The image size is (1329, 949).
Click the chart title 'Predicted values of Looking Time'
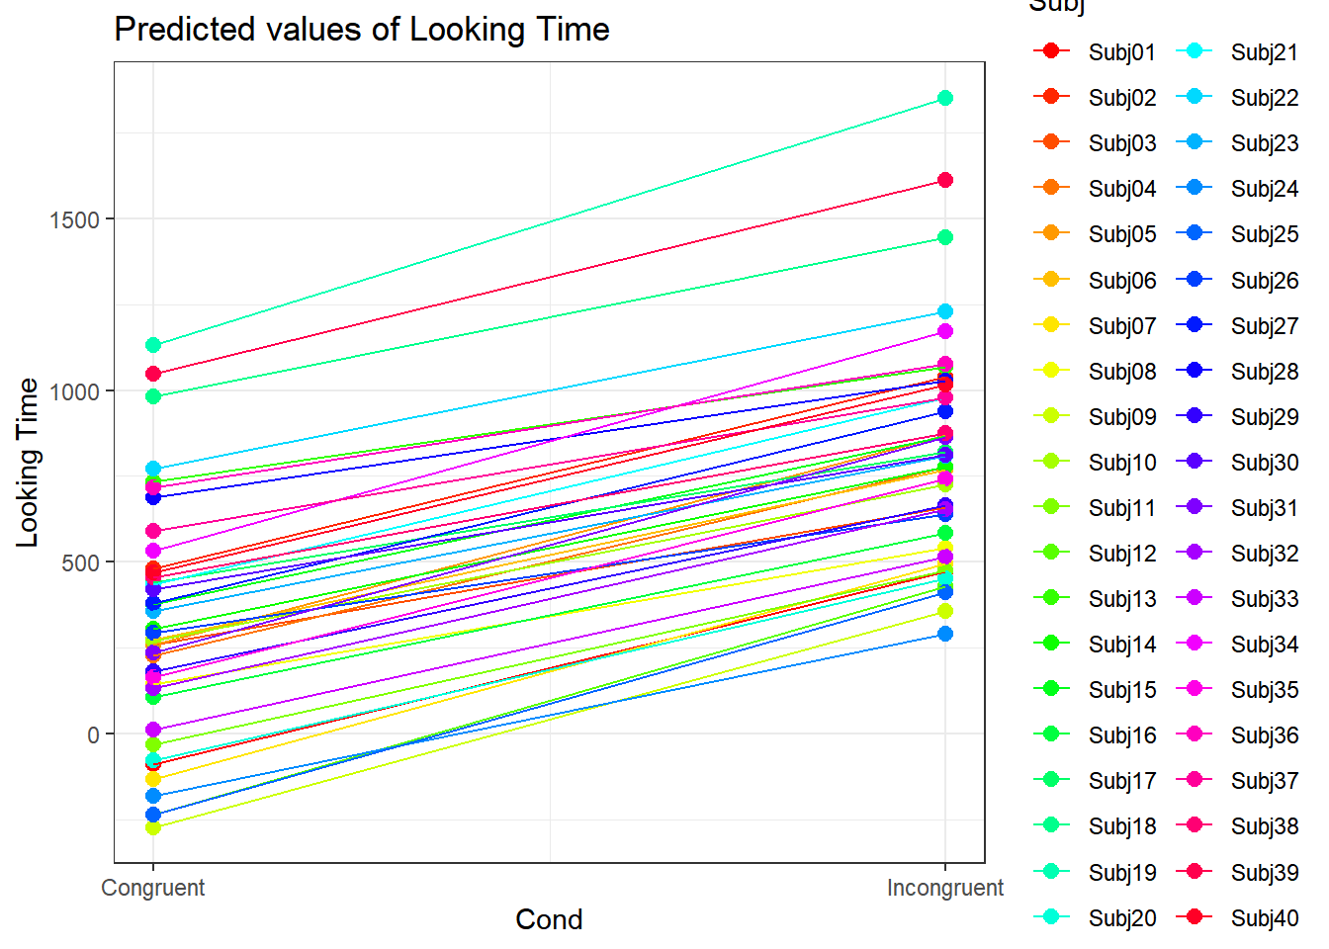coord(361,30)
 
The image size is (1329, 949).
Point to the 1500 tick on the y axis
coord(75,219)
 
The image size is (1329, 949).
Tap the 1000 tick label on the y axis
coord(75,391)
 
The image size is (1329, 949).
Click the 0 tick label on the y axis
coord(94,734)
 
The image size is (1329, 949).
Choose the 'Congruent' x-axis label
coord(153,888)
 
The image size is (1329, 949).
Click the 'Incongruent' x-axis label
coord(944,888)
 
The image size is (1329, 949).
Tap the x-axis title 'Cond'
coord(549,919)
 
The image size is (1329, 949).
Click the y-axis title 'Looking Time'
coord(28,463)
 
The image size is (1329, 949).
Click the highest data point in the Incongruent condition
coord(945,98)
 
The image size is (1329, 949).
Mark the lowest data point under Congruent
coord(153,826)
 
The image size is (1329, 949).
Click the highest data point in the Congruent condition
coord(153,345)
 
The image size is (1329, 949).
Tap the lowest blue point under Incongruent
coord(945,634)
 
